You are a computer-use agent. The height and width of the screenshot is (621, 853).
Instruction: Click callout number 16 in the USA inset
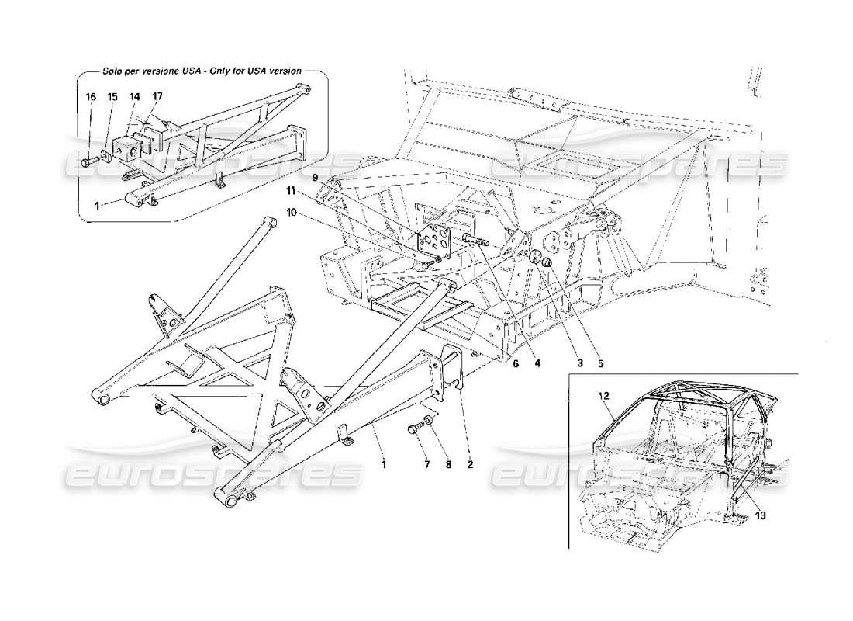coord(90,96)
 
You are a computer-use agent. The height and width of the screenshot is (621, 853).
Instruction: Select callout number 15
coord(112,96)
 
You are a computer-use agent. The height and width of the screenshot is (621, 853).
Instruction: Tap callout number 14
coord(134,96)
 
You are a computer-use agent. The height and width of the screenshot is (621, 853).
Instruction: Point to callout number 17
coord(157,96)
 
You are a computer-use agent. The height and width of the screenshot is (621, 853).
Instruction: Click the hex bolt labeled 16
coord(88,163)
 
